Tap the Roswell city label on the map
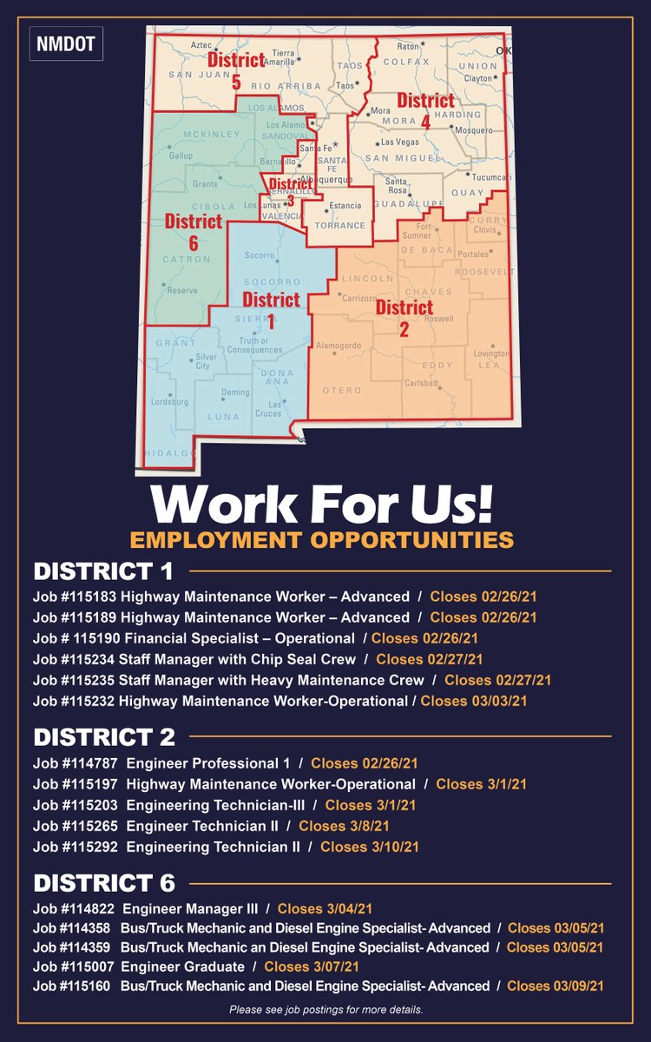pos(439,319)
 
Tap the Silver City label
pos(206,361)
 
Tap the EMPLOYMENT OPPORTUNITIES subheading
pos(322,539)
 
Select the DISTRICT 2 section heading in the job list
pos(104,737)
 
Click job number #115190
pos(94,638)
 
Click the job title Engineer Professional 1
pos(208,763)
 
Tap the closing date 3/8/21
pos(344,826)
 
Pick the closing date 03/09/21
pos(556,986)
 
